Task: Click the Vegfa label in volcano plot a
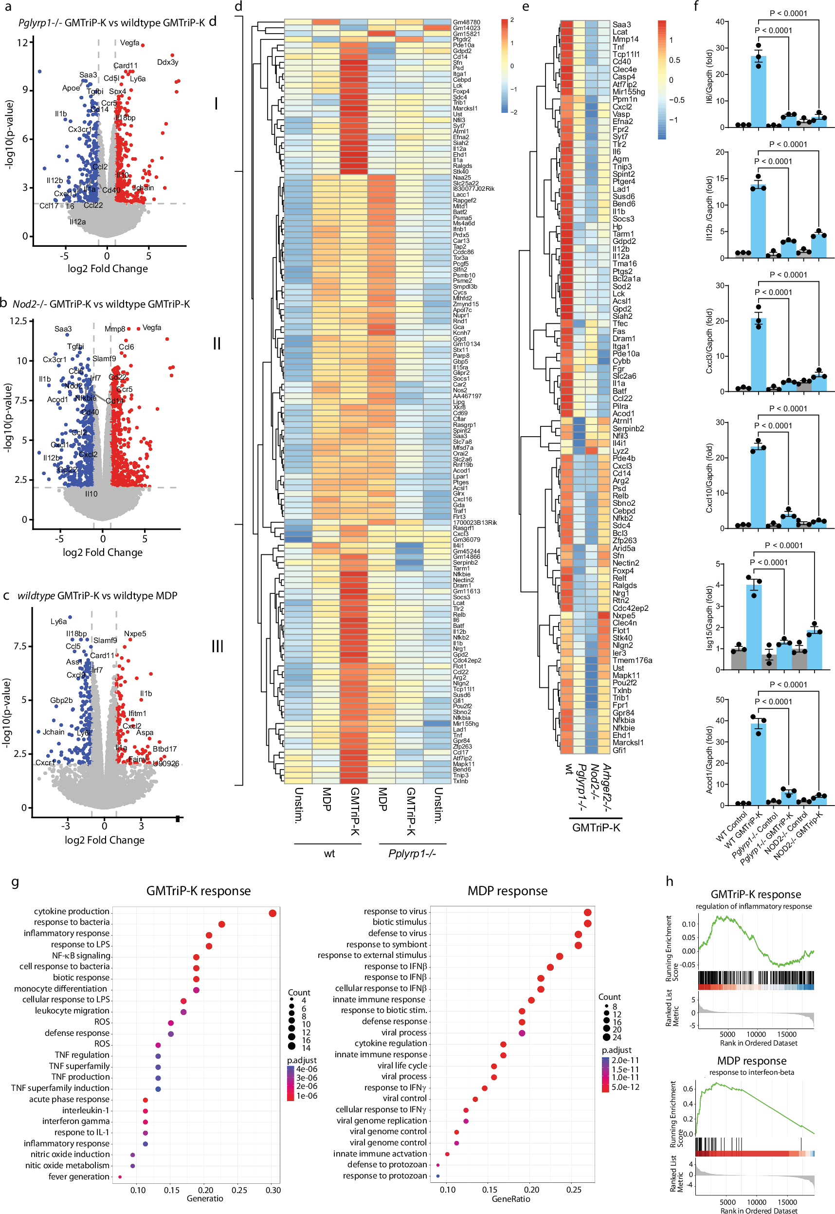pyautogui.click(x=129, y=43)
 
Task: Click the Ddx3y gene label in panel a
pyautogui.click(x=167, y=62)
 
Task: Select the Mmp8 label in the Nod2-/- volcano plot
pyautogui.click(x=114, y=329)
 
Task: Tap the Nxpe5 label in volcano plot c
pyautogui.click(x=135, y=634)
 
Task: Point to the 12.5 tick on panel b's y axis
pyautogui.click(x=18, y=321)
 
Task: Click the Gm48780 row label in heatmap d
pyautogui.click(x=466, y=22)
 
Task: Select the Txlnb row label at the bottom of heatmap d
pyautogui.click(x=460, y=781)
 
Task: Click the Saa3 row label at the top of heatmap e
pyautogui.click(x=621, y=25)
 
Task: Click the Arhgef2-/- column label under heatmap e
pyautogui.click(x=607, y=788)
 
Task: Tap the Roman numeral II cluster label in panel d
pyautogui.click(x=217, y=344)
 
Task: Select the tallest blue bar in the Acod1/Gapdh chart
pyautogui.click(x=758, y=764)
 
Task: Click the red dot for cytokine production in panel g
pyautogui.click(x=272, y=913)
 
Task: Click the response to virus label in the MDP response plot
pyautogui.click(x=395, y=912)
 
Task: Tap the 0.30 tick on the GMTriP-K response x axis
pyautogui.click(x=273, y=1190)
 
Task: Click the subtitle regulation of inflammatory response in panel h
pyautogui.click(x=753, y=906)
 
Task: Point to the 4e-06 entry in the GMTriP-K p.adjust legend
pyautogui.click(x=307, y=1069)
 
